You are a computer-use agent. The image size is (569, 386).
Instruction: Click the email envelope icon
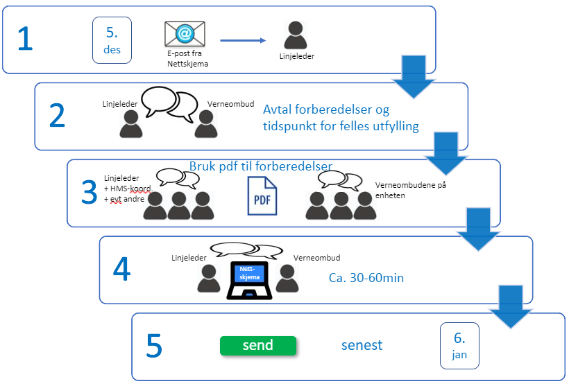[x=185, y=34]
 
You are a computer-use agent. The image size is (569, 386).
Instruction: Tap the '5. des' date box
[x=112, y=40]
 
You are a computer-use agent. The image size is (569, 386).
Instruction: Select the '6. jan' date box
[x=459, y=346]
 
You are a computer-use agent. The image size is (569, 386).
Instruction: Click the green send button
[x=258, y=345]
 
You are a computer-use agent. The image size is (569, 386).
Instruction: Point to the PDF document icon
[x=262, y=195]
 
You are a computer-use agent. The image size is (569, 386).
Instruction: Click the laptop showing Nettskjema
[x=249, y=280]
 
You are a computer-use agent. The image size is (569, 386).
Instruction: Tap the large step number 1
[x=25, y=38]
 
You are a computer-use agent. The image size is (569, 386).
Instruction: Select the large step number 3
[x=90, y=192]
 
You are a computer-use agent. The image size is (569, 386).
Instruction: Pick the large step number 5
[x=154, y=345]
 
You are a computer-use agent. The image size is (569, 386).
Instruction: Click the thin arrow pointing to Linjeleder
[x=243, y=40]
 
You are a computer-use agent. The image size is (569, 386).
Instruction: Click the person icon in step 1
[x=296, y=35]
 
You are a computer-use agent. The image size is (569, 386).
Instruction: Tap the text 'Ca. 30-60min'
[x=366, y=278]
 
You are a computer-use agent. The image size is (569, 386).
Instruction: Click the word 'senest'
[x=362, y=345]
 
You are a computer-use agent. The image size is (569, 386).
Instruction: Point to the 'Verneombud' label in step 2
[x=231, y=104]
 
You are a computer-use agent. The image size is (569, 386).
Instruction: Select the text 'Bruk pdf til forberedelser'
[x=261, y=166]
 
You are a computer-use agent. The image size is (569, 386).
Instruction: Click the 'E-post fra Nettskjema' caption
[x=187, y=58]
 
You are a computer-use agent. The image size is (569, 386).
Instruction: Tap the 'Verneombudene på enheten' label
[x=410, y=190]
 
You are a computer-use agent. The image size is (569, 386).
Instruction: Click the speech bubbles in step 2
[x=170, y=104]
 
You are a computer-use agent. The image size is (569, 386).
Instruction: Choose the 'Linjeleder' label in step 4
[x=189, y=258]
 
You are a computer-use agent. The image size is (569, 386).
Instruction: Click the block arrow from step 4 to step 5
[x=511, y=306]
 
